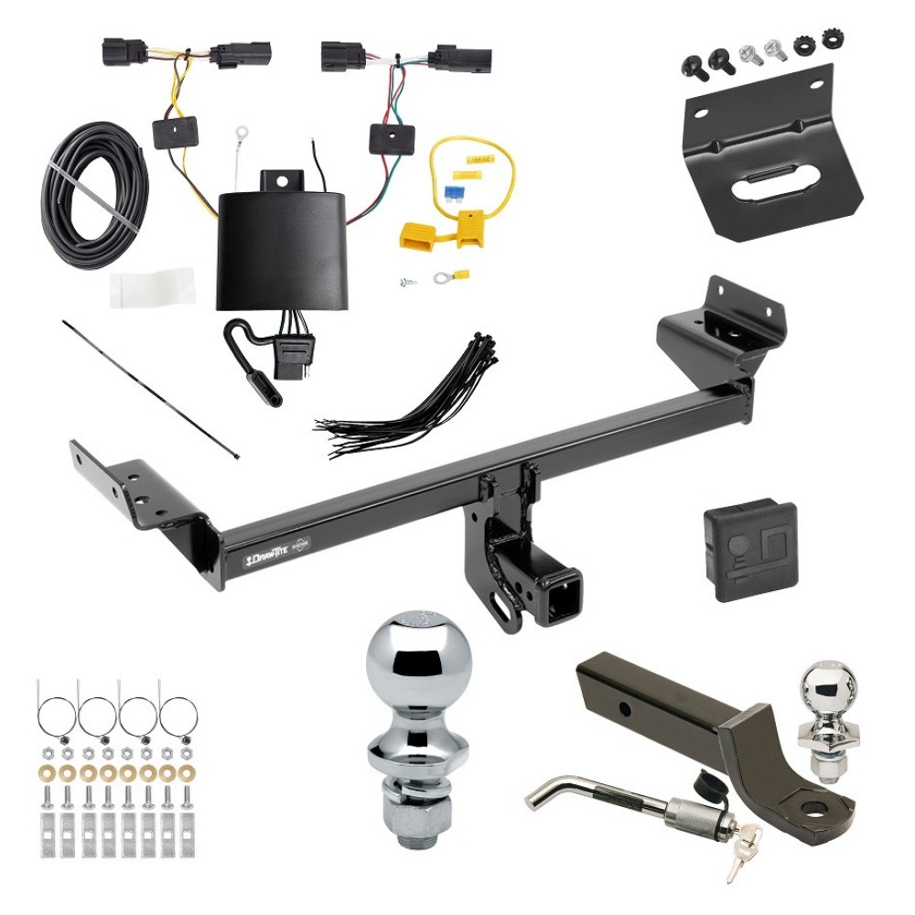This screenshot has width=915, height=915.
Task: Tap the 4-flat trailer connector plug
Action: point(298,350)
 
